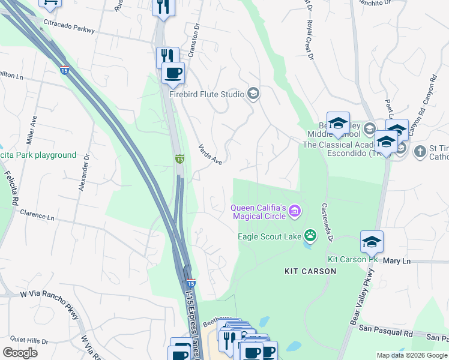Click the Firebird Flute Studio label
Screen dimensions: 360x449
[206, 94]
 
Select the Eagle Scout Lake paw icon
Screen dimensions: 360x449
[310, 236]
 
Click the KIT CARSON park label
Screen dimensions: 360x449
[310, 271]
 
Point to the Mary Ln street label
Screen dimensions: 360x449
[397, 261]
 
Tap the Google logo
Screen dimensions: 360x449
[20, 353]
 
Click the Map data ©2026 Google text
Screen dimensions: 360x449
[411, 355]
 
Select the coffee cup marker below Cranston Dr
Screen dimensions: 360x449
[173, 73]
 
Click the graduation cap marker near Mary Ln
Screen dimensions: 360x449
[372, 242]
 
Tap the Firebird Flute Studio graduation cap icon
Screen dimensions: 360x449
[253, 94]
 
